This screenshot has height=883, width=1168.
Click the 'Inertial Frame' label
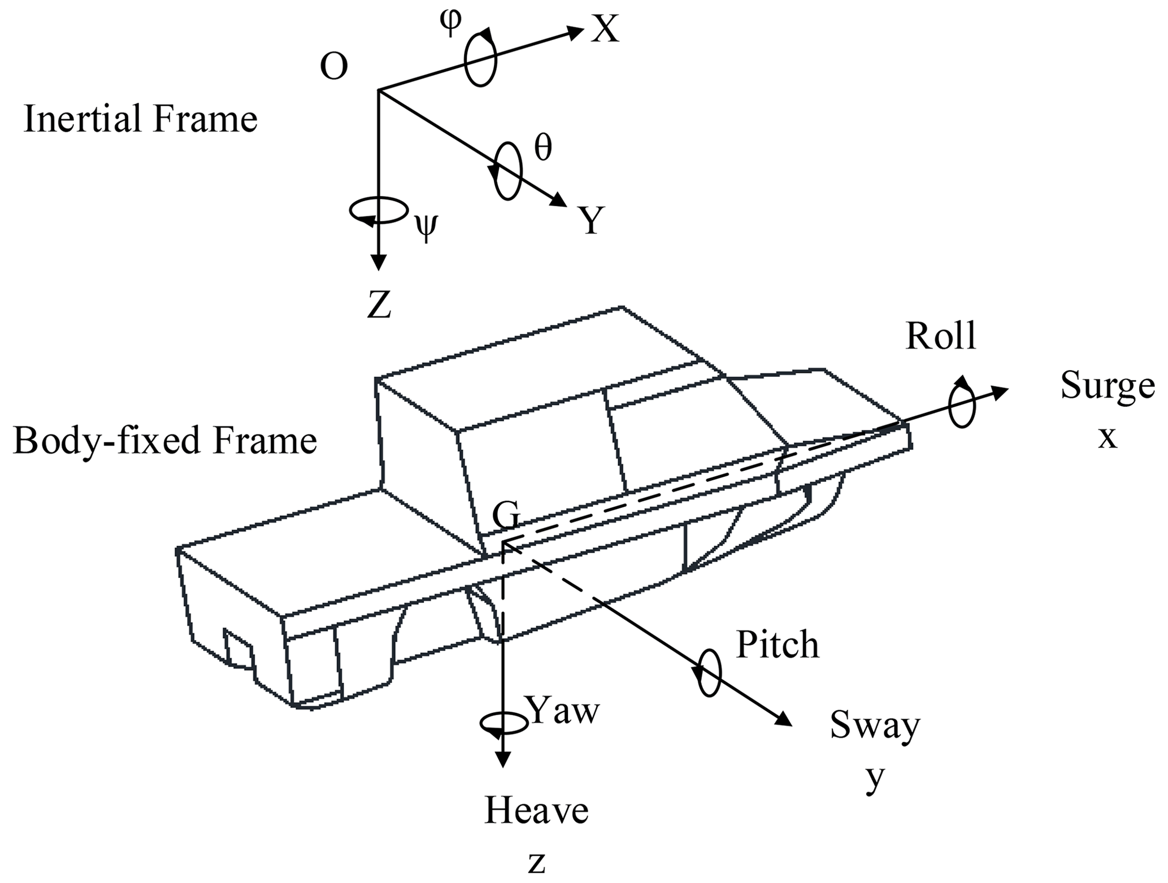(140, 119)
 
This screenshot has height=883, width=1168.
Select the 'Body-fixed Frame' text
(164, 441)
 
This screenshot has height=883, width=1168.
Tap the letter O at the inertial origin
(333, 67)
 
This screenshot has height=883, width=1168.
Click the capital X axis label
(605, 29)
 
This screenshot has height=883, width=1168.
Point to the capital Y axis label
(591, 220)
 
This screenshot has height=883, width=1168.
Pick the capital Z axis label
(379, 306)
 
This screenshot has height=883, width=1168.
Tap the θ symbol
(543, 149)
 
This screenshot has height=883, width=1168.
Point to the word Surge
(1107, 386)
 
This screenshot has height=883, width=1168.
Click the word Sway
(875, 726)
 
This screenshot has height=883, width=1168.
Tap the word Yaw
(563, 710)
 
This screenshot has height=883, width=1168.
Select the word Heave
(536, 811)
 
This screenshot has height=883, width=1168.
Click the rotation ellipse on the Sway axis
(709, 673)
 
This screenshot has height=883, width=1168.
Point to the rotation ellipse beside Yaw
(503, 724)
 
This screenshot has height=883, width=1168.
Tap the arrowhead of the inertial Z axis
(379, 262)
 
